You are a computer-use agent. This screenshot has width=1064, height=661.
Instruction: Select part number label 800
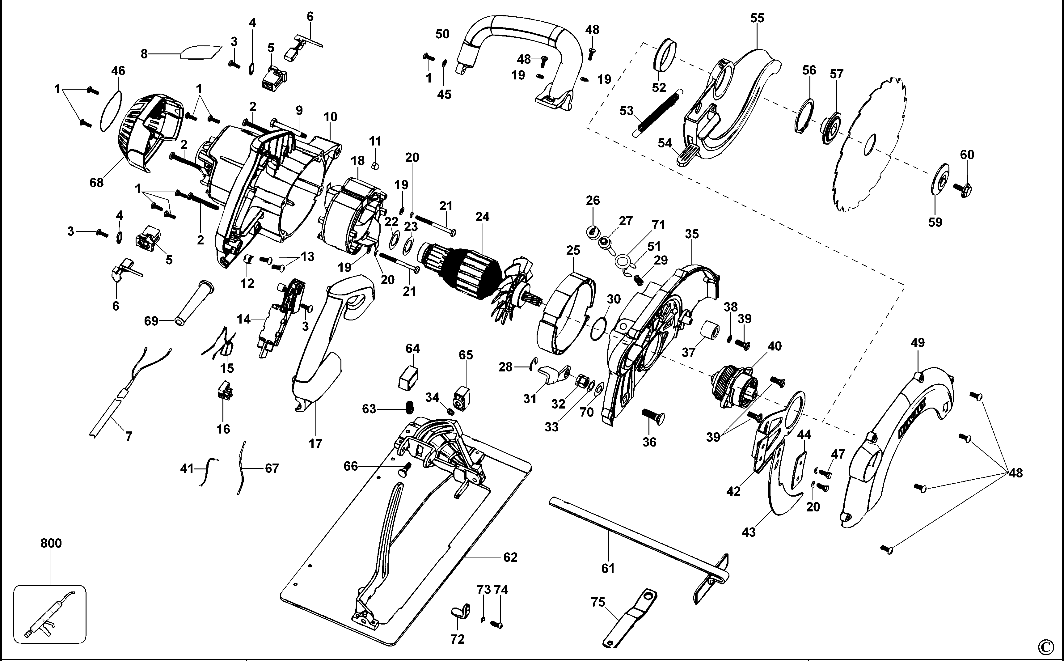51,543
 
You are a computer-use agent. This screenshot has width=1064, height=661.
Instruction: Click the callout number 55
757,18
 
